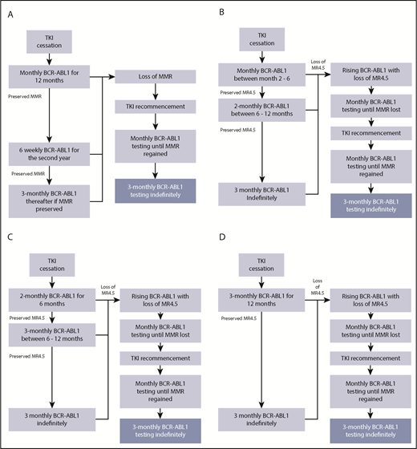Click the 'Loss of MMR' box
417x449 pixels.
point(152,77)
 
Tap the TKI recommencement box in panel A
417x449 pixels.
point(152,106)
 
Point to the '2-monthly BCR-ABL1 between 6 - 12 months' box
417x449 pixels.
point(261,109)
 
